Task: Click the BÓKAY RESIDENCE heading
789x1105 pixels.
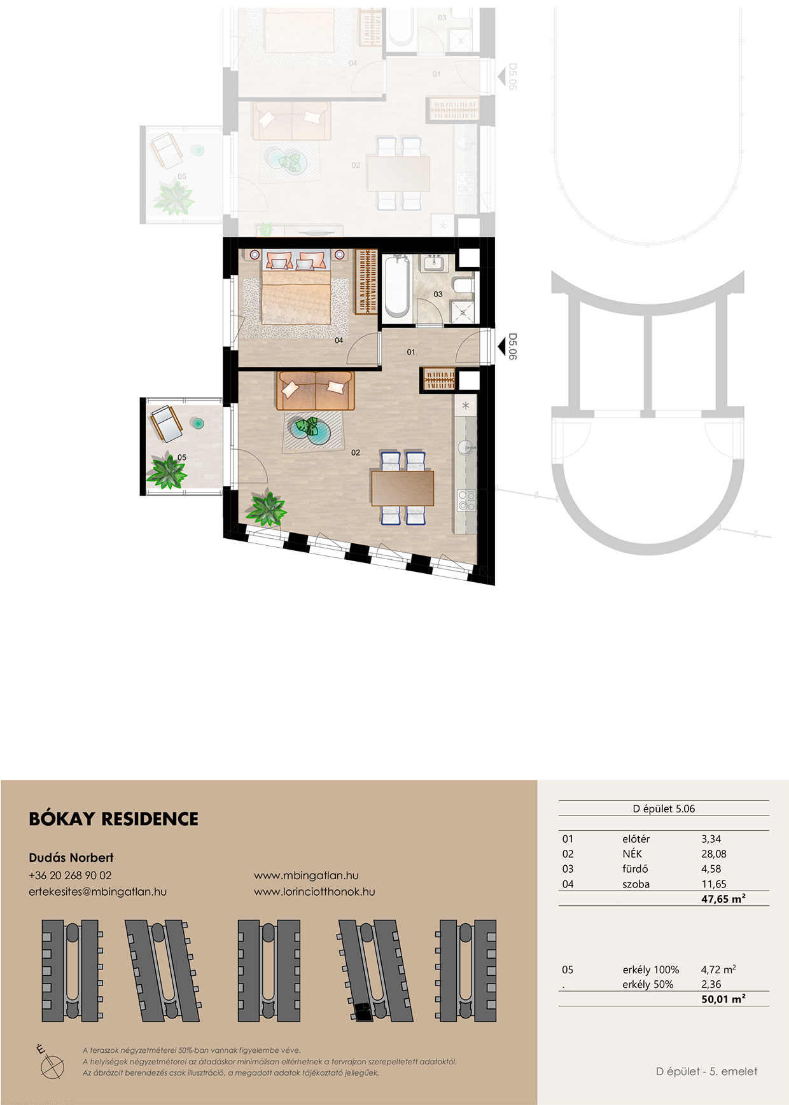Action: pos(113,819)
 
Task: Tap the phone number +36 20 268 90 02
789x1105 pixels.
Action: pos(70,875)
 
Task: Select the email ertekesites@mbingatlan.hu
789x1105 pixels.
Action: pos(97,891)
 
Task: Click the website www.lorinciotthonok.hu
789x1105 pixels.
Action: pos(314,891)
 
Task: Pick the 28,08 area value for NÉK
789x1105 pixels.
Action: pos(713,854)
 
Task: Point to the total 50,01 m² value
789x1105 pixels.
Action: pos(723,999)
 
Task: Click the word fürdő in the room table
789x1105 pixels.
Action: pos(634,869)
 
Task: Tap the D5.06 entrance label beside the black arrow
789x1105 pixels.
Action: pos(513,347)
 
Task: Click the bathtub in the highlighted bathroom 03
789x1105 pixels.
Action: pos(397,286)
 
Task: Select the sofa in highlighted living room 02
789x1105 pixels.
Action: pos(315,391)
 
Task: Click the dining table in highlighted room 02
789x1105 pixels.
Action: pos(403,488)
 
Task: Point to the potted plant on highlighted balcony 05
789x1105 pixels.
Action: pos(167,471)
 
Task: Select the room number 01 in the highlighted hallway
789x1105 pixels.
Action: pos(411,352)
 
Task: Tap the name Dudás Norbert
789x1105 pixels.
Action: pos(71,858)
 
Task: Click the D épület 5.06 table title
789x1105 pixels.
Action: pos(664,809)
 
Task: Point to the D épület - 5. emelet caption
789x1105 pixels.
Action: pos(706,1071)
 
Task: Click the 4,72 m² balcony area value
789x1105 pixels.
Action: pos(718,969)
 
